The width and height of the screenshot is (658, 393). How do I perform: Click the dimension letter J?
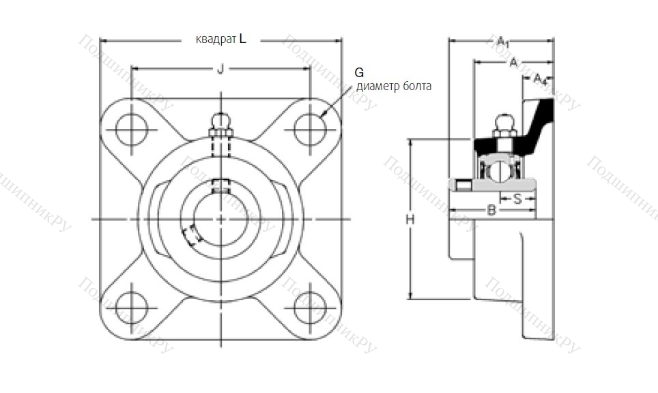220,68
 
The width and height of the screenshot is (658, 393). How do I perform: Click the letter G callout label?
360,72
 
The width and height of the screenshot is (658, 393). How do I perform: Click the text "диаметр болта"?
394,87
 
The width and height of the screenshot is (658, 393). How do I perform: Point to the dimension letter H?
410,219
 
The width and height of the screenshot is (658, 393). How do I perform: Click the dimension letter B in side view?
491,211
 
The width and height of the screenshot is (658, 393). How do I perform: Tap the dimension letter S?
517,199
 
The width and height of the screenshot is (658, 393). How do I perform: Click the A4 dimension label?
540,78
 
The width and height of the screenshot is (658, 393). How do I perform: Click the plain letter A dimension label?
513,63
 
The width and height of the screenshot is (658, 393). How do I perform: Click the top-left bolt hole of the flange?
131,129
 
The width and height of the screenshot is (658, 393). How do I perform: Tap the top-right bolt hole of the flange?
309,129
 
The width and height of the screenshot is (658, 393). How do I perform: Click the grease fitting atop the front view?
220,123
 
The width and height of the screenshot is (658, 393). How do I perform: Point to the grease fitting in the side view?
503,123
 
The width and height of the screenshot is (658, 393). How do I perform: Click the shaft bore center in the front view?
220,219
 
